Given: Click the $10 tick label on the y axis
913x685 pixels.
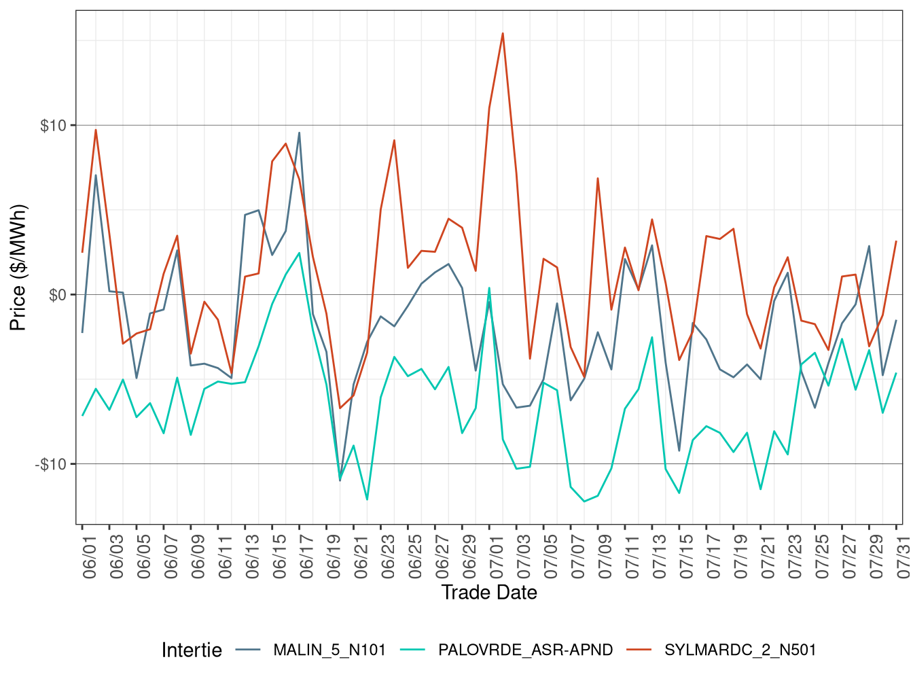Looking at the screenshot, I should pos(54,126).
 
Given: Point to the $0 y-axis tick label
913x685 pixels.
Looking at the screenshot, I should pos(58,295).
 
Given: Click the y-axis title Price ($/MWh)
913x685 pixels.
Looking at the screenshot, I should pos(18,267).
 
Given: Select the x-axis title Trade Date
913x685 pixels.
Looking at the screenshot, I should pos(489,593).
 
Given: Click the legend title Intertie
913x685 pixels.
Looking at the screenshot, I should pos(192,650).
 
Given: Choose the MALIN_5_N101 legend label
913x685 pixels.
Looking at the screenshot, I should pos(329,650).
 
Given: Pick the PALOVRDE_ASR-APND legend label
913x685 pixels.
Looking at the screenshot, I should pos(525,650).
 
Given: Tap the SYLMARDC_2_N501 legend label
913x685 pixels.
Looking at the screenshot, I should pos(740,650).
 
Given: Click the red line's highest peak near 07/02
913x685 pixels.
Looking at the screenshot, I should pos(503,33).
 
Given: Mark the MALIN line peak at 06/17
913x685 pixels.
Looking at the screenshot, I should pos(299,133).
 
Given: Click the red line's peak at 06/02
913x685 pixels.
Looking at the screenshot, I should pos(96,130).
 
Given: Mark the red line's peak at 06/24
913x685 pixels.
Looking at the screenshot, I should pos(394,141).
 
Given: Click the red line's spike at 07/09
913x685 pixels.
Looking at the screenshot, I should pos(598,179).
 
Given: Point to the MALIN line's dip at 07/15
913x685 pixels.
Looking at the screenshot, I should pos(679,451).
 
